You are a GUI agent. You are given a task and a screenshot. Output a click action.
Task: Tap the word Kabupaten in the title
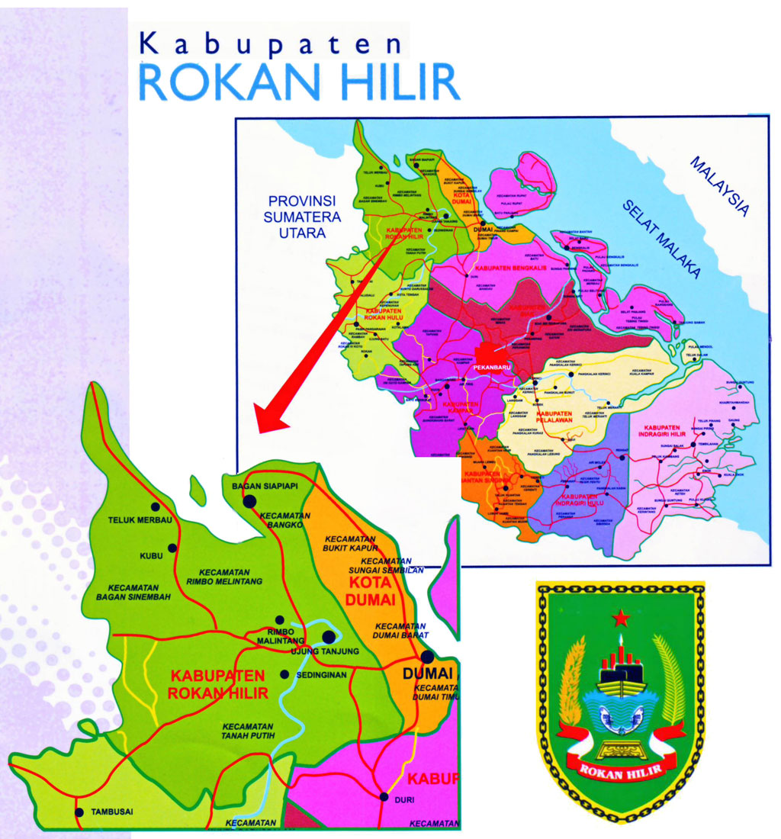click(271, 44)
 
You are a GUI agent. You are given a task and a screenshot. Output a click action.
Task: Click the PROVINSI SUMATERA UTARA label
click(302, 217)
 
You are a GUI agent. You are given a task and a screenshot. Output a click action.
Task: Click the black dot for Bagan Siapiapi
click(249, 501)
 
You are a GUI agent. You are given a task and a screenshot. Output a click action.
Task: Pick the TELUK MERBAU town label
click(122, 520)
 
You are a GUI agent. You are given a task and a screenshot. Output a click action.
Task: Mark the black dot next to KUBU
click(172, 548)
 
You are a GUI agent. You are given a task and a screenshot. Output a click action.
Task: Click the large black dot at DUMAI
click(427, 656)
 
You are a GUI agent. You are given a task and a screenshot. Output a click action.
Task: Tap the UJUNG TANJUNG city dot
click(329, 636)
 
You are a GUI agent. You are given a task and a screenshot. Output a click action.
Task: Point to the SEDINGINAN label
click(320, 674)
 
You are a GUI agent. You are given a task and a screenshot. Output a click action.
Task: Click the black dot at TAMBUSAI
click(79, 812)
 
